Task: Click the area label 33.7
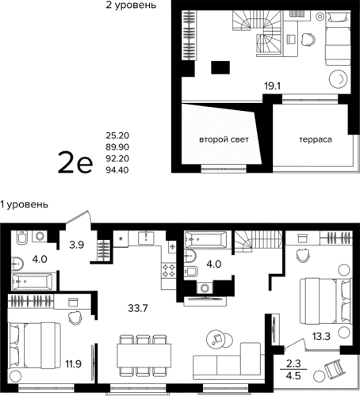point(138,308)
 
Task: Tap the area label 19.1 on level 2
point(272,86)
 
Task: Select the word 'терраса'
point(316,139)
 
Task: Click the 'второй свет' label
point(224,139)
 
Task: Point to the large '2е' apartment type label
point(75,162)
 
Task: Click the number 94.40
point(117,170)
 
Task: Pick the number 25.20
point(117,135)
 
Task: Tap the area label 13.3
point(321,337)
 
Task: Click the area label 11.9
point(74,364)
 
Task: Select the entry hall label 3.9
point(77,245)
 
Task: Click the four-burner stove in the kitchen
point(169,270)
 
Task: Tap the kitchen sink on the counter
point(146,238)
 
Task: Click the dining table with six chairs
point(144,356)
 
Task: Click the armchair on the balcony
point(334,369)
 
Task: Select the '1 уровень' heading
point(24,204)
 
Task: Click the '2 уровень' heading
point(131,5)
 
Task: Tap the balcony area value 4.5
point(293,375)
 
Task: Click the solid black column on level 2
point(220,67)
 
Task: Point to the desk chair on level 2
point(308,39)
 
